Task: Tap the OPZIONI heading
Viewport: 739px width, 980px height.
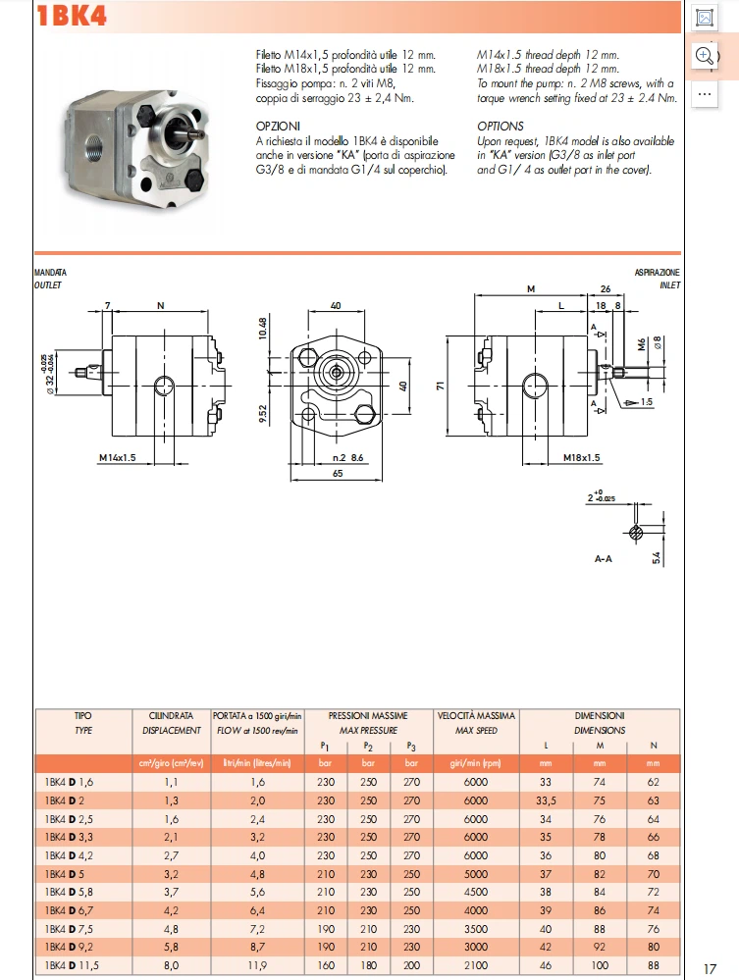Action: (x=278, y=127)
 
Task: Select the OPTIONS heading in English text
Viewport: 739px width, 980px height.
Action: (x=501, y=127)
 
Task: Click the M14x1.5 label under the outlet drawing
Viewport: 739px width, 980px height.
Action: (x=118, y=457)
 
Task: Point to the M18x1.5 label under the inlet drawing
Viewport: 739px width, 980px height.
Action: (x=581, y=457)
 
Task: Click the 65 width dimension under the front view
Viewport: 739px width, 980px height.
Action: (x=336, y=474)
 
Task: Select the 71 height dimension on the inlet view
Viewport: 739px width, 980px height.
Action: (x=442, y=384)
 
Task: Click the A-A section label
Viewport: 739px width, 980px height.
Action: (x=605, y=557)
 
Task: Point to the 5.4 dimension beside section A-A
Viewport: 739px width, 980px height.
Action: (x=657, y=557)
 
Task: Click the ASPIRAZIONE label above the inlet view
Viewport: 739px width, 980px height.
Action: (x=657, y=272)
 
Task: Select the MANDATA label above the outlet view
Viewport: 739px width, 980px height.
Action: (x=50, y=272)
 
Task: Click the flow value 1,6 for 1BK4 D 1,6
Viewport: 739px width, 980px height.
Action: (x=257, y=782)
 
